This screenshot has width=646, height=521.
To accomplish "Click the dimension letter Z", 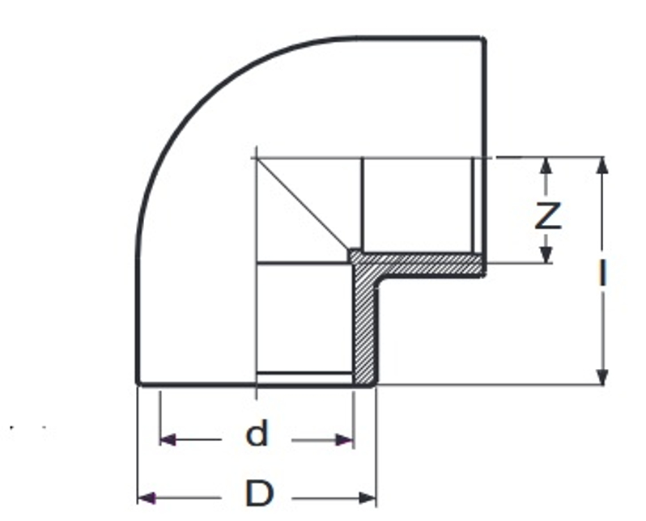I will point(548,217).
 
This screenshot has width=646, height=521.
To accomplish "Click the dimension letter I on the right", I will point(601,273).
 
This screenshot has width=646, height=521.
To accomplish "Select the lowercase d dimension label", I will point(257,435).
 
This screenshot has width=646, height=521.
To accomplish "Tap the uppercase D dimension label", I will point(258,492).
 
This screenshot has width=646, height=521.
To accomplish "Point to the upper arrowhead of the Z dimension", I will point(547,163).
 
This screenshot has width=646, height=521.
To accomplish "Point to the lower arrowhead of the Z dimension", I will point(547,255).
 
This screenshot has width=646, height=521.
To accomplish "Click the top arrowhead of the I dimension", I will point(601,164).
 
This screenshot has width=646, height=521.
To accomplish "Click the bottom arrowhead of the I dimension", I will point(601,377).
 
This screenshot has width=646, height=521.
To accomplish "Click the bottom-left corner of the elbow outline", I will point(137,383).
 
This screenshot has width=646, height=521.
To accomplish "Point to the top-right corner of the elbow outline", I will point(484,38).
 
